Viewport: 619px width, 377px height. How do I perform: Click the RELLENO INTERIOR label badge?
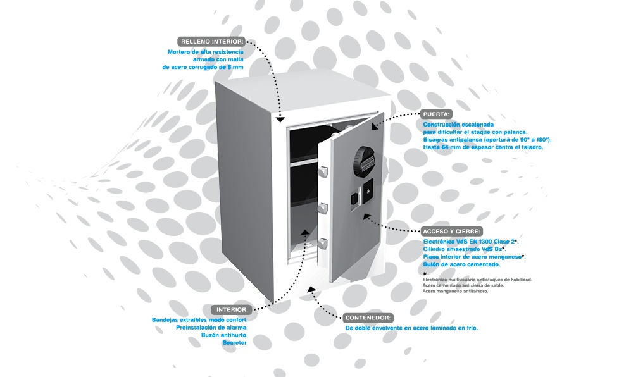click(211, 41)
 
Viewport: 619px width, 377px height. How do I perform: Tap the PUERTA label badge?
click(436, 114)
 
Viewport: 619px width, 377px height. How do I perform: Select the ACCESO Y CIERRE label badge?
click(452, 232)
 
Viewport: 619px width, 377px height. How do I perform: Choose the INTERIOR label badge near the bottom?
click(232, 309)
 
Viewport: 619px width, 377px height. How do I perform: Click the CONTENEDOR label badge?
click(368, 318)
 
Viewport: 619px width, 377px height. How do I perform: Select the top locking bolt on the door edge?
click(323, 171)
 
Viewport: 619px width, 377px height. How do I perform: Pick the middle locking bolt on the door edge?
click(323, 207)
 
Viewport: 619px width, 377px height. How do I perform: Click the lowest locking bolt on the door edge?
click(323, 244)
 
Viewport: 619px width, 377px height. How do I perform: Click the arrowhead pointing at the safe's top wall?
click(280, 119)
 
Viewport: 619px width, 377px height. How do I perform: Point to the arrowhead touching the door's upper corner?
click(375, 126)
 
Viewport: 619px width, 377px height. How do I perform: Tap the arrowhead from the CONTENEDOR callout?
click(311, 290)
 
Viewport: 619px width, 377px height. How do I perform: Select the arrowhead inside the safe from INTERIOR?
click(305, 232)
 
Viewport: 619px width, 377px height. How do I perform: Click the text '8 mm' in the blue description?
click(235, 67)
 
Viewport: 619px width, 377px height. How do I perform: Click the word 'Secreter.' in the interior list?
click(235, 343)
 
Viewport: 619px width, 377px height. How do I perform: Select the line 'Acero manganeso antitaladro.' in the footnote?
click(455, 291)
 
